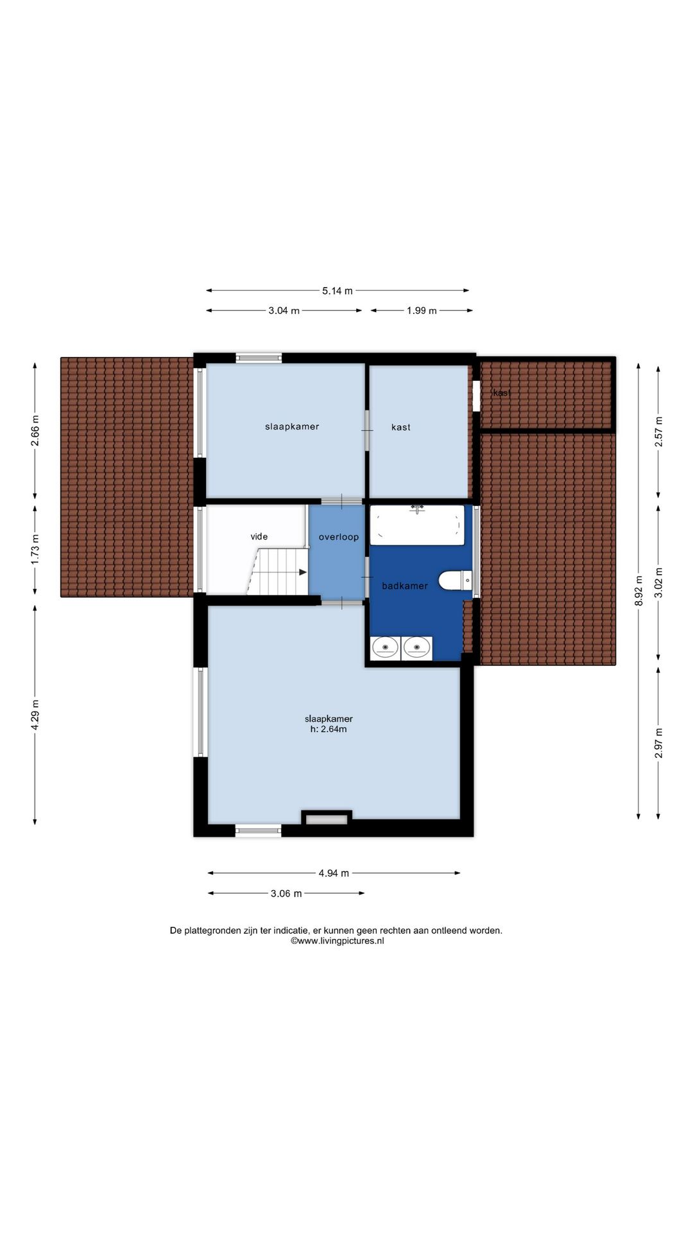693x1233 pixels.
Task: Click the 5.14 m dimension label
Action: [337, 291]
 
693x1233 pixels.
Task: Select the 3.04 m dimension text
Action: [284, 311]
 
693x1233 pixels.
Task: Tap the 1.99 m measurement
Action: [422, 311]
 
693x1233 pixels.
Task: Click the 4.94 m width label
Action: [334, 873]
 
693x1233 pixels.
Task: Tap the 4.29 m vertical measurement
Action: [35, 714]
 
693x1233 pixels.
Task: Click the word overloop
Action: [339, 537]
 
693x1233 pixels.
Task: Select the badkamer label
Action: [405, 586]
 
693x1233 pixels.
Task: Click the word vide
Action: [259, 537]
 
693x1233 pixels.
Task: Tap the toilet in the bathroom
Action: [455, 581]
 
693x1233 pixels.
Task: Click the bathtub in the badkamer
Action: [417, 525]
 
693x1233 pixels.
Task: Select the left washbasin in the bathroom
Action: [385, 647]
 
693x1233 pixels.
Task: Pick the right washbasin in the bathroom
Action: [416, 647]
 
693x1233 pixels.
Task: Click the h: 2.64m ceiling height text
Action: [329, 730]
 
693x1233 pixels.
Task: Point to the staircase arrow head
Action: [303, 572]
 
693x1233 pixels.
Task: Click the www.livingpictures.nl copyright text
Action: [338, 941]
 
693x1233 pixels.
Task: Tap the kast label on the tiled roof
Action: [502, 392]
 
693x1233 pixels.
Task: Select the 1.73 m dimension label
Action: [35, 550]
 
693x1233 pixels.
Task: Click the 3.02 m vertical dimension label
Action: [658, 582]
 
